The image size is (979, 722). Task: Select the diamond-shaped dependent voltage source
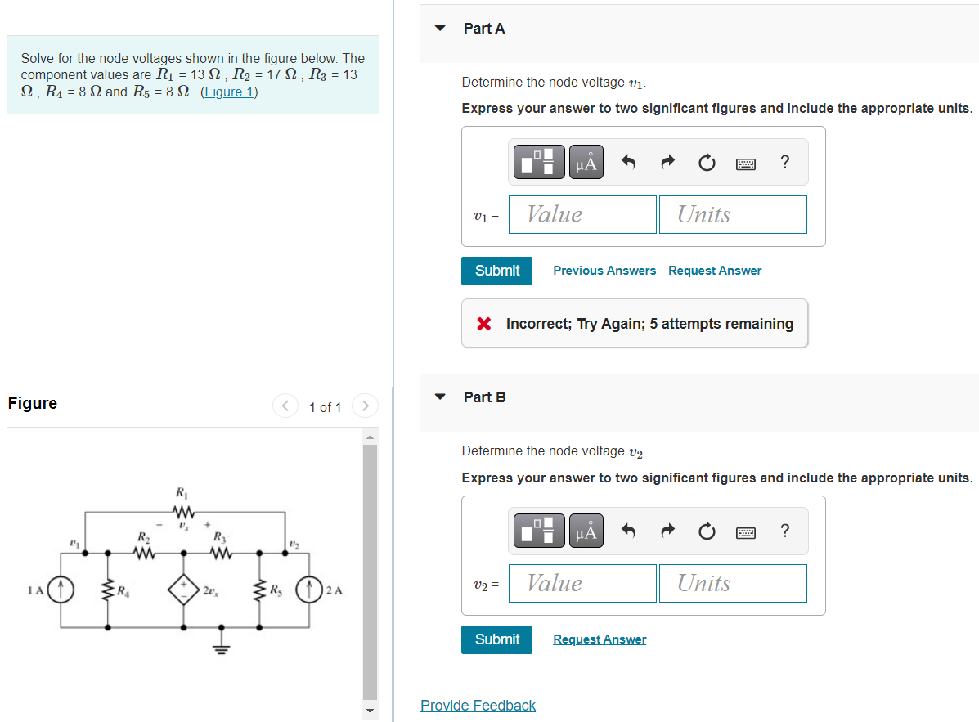click(183, 589)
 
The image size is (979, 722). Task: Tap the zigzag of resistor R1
click(182, 513)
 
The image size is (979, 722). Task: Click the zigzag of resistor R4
click(107, 589)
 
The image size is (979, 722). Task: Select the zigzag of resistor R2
click(144, 554)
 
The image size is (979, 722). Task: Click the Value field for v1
click(582, 214)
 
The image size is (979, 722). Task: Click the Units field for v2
click(733, 583)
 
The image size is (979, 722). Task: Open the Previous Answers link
click(604, 271)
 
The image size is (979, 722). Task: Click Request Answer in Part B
click(600, 639)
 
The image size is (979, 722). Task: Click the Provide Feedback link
click(478, 706)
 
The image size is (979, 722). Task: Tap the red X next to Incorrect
click(484, 324)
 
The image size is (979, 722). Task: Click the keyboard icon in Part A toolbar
click(745, 163)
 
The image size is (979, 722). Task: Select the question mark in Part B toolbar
click(785, 531)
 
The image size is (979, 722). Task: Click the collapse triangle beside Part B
click(441, 397)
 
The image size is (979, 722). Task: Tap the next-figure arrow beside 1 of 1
click(366, 406)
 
